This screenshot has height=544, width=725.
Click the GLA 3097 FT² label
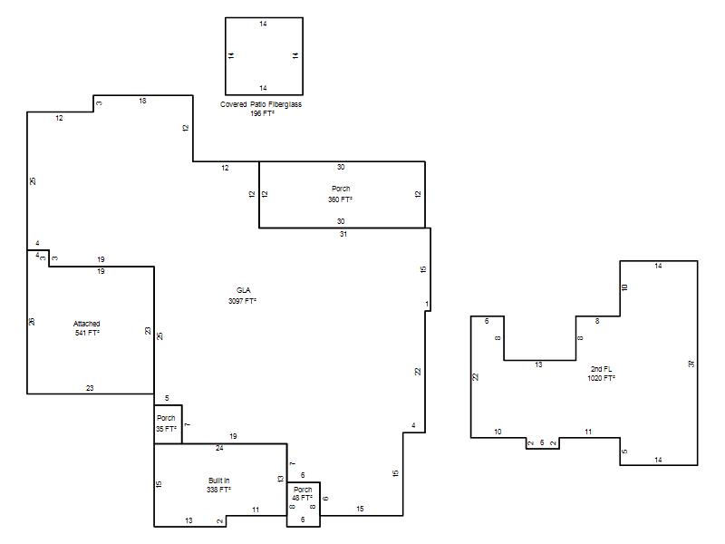tap(243, 296)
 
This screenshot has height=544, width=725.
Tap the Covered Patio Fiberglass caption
tap(261, 104)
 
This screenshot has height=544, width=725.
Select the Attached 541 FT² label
tap(87, 328)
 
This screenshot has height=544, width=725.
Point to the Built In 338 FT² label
tap(218, 485)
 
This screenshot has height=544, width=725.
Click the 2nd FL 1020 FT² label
tap(601, 374)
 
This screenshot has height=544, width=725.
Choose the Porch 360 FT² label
tap(341, 194)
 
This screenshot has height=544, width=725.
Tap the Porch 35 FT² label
tap(166, 423)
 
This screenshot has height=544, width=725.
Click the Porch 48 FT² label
tap(303, 493)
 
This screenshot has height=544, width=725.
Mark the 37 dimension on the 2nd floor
tap(691, 364)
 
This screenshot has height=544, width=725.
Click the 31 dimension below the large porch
tap(343, 234)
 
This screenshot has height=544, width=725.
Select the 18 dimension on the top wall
tap(142, 101)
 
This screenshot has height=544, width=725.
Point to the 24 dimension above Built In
tap(219, 448)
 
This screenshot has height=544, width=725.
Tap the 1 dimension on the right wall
tap(427, 304)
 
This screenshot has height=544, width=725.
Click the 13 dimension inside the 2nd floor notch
tap(538, 364)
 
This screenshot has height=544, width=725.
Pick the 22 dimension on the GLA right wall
tap(418, 372)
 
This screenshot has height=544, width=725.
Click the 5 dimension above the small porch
tap(167, 398)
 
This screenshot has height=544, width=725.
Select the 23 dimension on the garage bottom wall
tap(90, 388)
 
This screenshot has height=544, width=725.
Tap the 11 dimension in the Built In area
tap(256, 510)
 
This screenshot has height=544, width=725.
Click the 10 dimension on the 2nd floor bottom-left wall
tap(498, 432)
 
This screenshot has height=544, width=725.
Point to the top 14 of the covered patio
tap(263, 24)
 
